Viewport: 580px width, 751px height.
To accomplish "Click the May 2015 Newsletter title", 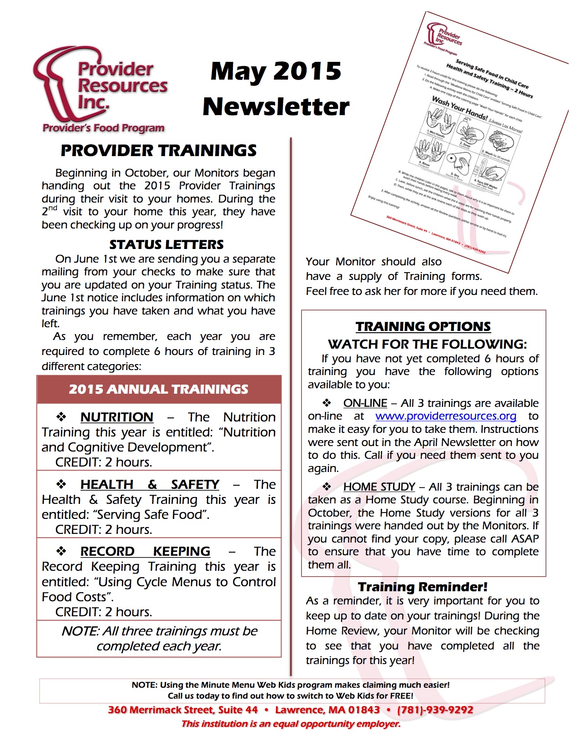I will coord(276,89).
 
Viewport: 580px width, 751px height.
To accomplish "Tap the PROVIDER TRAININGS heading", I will coord(158,151).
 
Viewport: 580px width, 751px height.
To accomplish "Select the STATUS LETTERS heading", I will coord(166,245).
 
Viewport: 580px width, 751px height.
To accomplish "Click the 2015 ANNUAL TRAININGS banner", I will coord(159,390).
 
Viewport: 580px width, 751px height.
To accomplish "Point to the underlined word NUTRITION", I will coord(116,417).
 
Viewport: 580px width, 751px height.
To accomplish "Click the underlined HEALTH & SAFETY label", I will coord(150,485).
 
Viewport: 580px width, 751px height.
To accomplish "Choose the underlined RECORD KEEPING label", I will coord(145,552).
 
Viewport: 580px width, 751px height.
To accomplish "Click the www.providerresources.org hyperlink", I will coord(446,416).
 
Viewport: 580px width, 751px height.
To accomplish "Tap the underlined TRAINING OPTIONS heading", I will coord(423,327).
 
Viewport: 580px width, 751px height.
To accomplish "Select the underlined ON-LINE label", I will coord(365,403).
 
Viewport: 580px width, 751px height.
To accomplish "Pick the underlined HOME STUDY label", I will coord(379,487).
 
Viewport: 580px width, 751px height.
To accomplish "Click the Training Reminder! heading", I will coord(423,587).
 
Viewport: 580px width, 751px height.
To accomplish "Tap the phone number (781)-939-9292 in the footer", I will coord(435,710).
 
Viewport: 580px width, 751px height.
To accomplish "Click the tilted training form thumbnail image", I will coord(459,137).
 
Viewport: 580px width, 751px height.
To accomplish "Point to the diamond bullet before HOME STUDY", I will coord(327,487).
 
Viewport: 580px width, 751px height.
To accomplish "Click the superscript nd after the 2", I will coord(53,208).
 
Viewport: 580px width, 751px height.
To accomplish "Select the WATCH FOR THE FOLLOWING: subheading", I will coord(427,344).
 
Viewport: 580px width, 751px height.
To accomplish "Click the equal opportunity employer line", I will coord(291,724).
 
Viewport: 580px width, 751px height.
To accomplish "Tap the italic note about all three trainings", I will coord(159,639).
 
